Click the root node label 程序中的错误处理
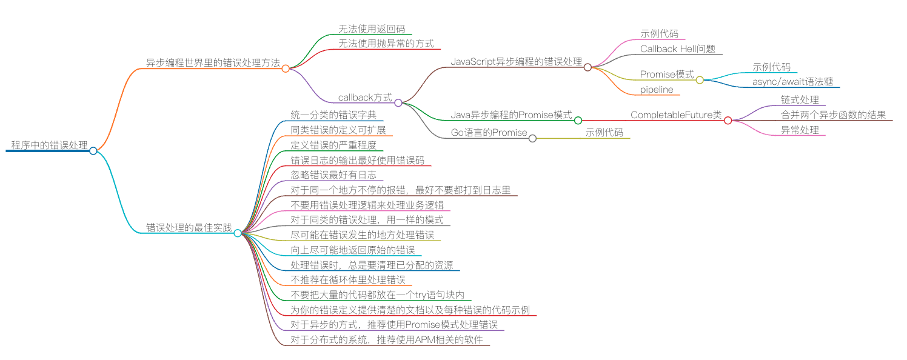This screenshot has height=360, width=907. [x=49, y=145]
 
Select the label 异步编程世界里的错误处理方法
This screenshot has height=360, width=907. [x=213, y=62]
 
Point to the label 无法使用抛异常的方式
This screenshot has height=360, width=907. [x=386, y=44]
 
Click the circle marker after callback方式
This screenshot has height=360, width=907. [x=398, y=102]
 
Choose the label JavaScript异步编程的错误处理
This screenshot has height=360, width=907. [x=516, y=62]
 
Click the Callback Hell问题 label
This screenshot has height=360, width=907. [x=678, y=49]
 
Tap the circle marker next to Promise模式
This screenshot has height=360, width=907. [x=700, y=79]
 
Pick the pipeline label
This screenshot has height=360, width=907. [x=657, y=89]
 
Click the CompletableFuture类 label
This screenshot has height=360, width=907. [x=676, y=115]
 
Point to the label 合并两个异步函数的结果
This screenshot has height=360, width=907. [x=833, y=115]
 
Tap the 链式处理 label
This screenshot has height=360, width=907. [x=800, y=99]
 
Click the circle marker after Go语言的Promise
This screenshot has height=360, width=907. [x=532, y=138]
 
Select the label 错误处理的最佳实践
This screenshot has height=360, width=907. [x=189, y=228]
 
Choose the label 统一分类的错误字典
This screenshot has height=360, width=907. [x=333, y=115]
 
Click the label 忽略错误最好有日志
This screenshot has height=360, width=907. [x=333, y=175]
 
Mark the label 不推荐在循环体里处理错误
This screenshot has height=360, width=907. [x=348, y=279]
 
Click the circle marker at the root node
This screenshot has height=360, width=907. [x=93, y=151]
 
